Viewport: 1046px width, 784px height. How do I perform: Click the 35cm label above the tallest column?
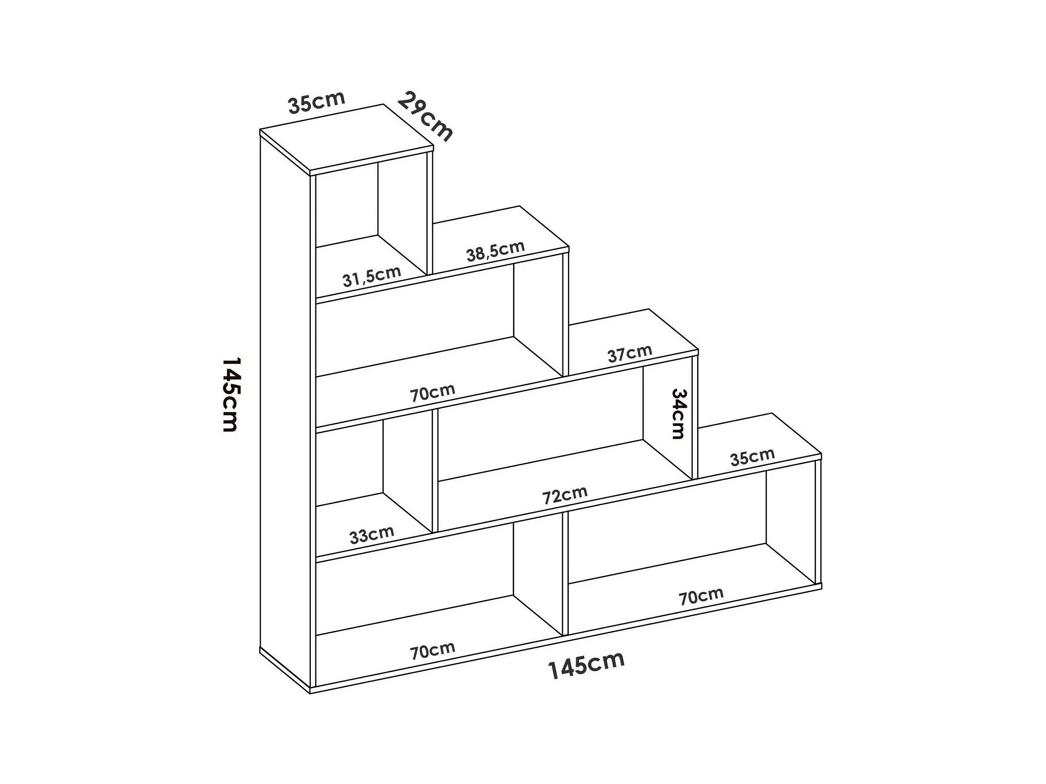[316, 103]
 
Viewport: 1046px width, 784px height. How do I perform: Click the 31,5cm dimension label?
[372, 277]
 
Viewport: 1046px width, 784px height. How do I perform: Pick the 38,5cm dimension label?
[495, 251]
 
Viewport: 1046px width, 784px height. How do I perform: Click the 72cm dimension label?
[565, 495]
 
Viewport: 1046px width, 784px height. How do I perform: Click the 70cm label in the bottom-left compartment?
[432, 651]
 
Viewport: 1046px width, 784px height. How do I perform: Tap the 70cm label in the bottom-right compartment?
[701, 596]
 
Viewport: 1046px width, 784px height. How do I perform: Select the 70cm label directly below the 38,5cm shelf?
[432, 393]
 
